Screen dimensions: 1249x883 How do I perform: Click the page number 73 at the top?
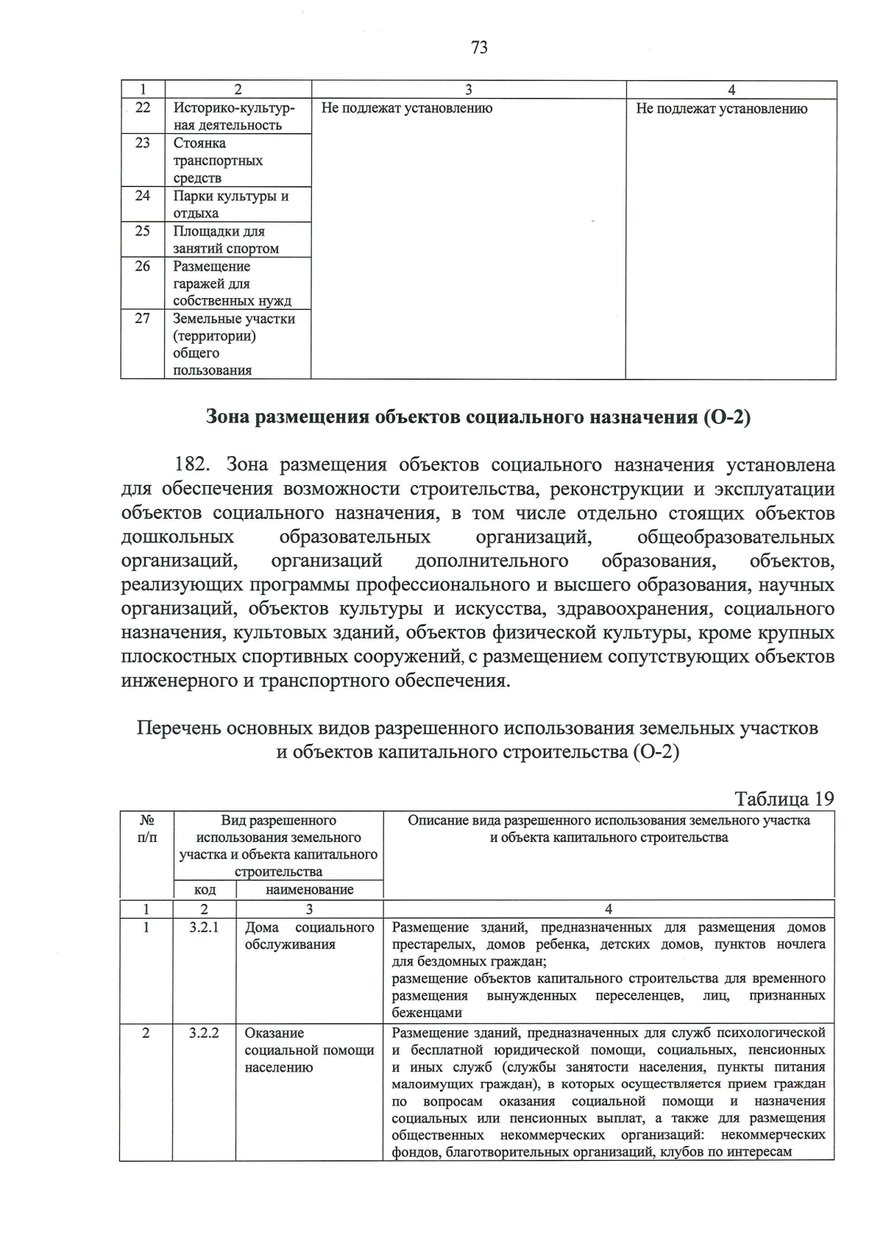(x=479, y=49)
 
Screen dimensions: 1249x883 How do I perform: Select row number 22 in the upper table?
(x=143, y=108)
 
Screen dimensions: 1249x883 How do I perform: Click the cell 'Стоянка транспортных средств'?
(x=218, y=160)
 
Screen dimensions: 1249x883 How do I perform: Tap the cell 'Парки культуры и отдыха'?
(x=230, y=205)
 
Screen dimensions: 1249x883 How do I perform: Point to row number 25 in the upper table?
(x=143, y=231)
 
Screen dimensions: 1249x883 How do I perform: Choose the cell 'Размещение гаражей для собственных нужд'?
(x=232, y=283)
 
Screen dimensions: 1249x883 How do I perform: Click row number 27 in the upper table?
(x=143, y=319)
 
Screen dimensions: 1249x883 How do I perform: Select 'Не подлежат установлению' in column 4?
(x=721, y=109)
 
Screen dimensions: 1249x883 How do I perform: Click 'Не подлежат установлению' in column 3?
(x=407, y=109)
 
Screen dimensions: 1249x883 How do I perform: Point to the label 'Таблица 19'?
(x=784, y=799)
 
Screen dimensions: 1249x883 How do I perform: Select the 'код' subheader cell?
(x=205, y=890)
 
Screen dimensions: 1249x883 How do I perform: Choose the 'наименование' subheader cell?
(x=309, y=890)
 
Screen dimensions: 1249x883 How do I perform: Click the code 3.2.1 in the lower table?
(x=204, y=928)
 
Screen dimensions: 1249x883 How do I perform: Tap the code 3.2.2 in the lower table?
(x=204, y=1033)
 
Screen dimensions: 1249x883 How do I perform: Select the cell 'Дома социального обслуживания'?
(x=309, y=936)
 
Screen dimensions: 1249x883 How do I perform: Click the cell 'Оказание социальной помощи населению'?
(x=309, y=1050)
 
